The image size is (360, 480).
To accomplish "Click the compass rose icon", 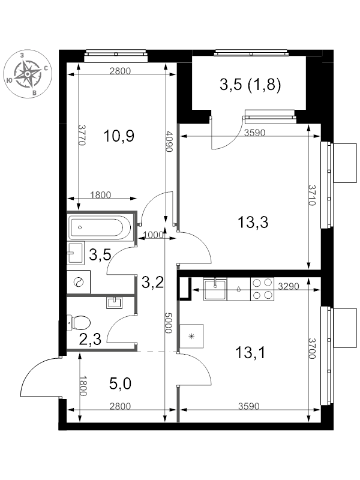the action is click(x=28, y=74).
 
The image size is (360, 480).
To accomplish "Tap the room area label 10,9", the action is click(x=119, y=136).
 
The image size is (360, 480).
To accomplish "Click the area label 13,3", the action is click(x=253, y=222).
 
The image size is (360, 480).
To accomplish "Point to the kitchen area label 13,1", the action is click(x=250, y=353).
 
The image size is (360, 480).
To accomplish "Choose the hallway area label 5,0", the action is click(x=120, y=383).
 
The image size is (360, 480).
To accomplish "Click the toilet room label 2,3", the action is click(x=90, y=340).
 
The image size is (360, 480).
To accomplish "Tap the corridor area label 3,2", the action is click(x=152, y=282).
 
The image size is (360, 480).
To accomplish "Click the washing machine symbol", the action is click(x=79, y=281).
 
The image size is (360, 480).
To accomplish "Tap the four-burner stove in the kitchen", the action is click(x=262, y=289).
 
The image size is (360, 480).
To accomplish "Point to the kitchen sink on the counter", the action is click(x=215, y=289).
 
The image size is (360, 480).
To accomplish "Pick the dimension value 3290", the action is click(x=289, y=286).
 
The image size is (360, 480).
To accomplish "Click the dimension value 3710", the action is click(x=312, y=196).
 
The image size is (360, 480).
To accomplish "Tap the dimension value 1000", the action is click(x=153, y=235).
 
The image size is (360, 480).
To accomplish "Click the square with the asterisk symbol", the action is click(x=191, y=336).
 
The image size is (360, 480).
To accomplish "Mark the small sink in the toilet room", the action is click(x=114, y=303).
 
